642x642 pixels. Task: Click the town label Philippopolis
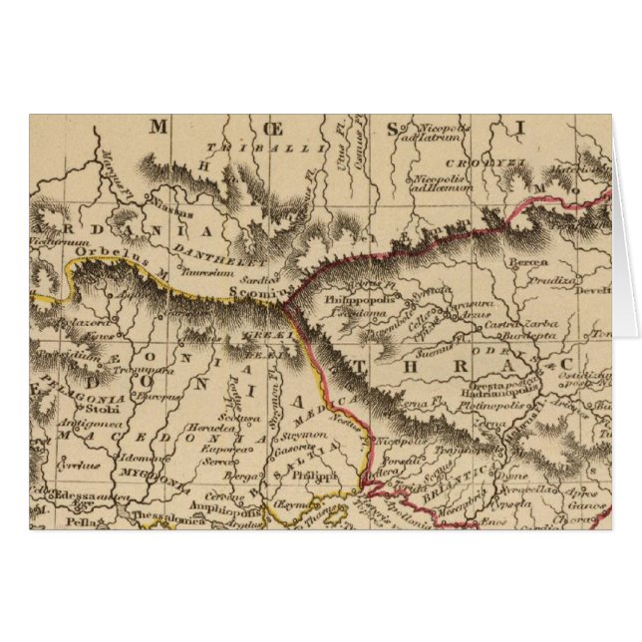[x=355, y=298]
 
